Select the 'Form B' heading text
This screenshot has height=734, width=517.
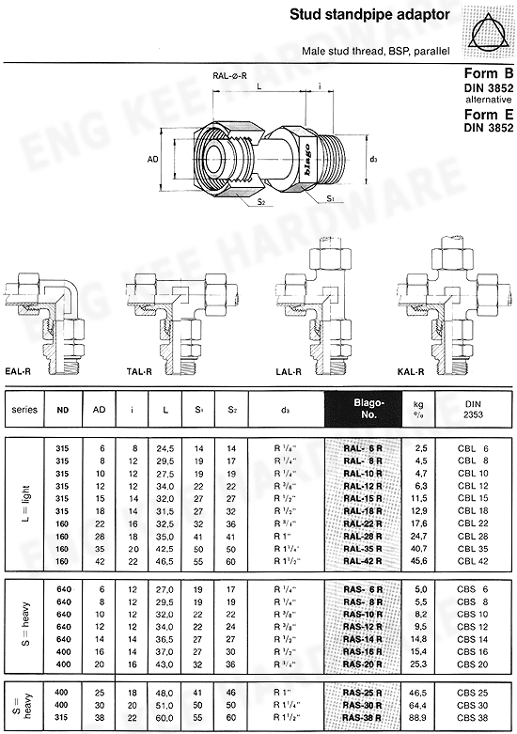(489, 73)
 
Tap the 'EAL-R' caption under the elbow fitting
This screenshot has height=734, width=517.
(23, 372)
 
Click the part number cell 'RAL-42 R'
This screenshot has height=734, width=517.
(362, 559)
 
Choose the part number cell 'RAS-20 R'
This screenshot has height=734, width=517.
(362, 664)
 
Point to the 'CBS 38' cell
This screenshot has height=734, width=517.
(472, 716)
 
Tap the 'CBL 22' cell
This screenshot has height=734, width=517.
(472, 523)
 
